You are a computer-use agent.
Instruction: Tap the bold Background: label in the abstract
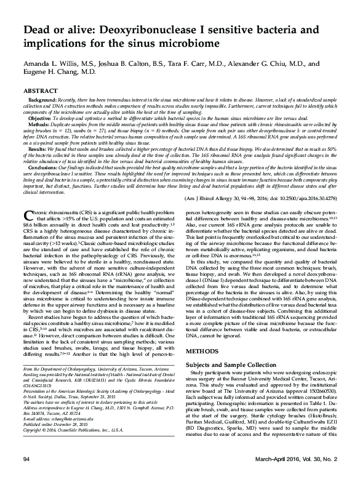pos(45,99)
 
